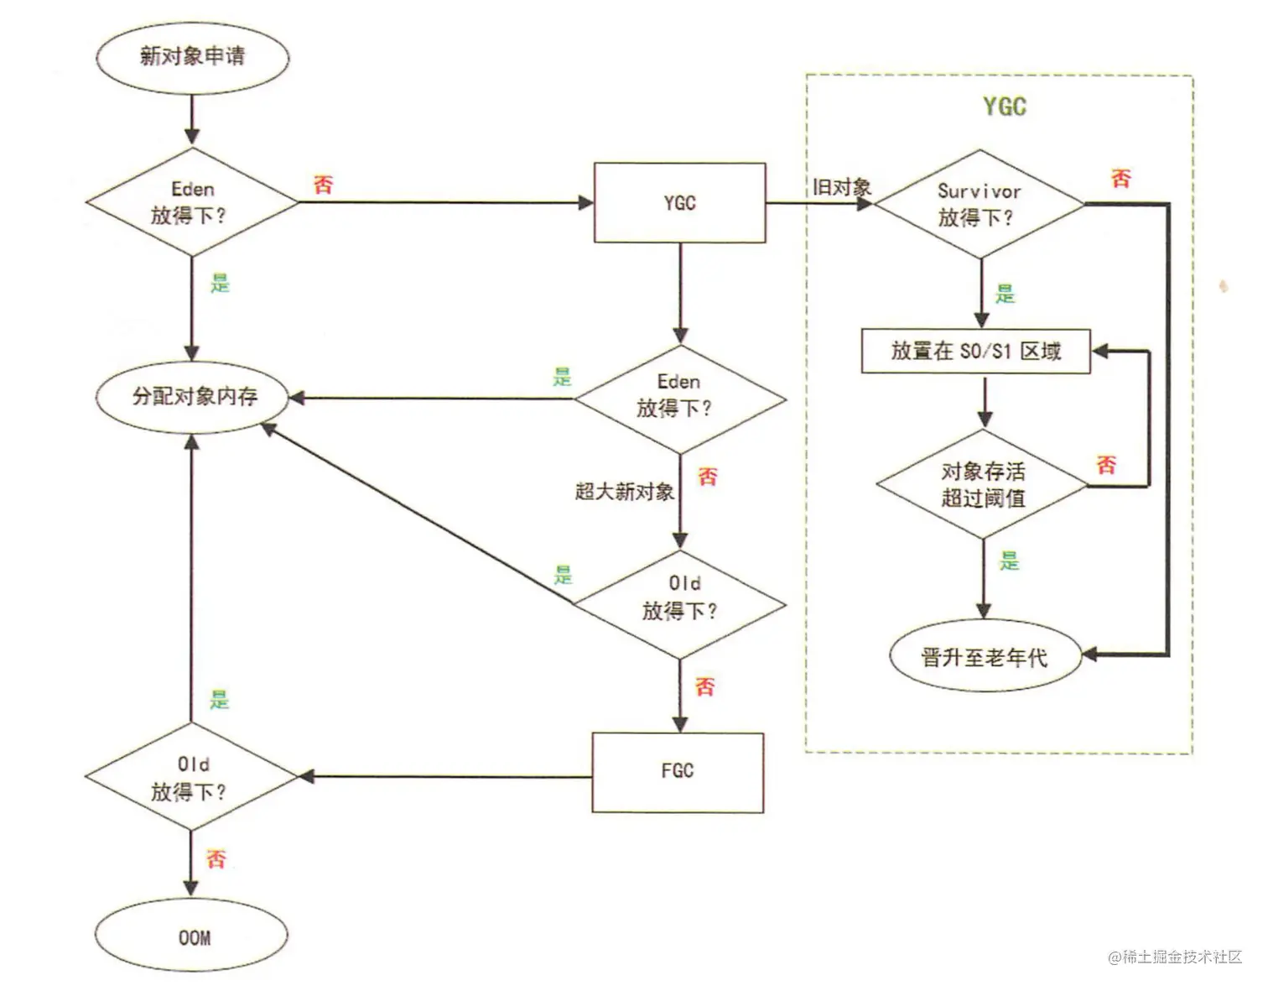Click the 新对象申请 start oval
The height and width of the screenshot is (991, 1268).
point(192,57)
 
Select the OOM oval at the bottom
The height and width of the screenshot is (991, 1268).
point(192,936)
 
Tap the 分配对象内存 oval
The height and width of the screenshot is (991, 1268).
point(193,396)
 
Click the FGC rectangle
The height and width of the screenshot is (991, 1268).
point(678,771)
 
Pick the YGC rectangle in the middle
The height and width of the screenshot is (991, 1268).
point(679,203)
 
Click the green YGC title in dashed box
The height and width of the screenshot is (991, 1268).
point(1004,107)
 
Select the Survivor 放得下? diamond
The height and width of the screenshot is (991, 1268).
point(979,204)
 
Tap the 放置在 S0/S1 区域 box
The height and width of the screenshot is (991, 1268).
point(976,351)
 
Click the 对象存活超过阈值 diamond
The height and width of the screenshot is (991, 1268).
point(983,484)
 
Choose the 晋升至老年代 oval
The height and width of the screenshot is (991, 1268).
point(984,657)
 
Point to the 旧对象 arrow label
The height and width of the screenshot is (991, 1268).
point(841,187)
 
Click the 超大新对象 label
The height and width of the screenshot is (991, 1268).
point(624,491)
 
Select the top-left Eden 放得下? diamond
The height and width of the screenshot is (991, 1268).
point(192,202)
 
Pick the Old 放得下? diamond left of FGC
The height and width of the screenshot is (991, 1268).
point(192,778)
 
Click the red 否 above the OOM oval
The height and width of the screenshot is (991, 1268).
point(216,858)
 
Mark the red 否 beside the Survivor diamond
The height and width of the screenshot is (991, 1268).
point(1120,178)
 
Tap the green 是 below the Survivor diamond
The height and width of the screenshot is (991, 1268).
point(1005,294)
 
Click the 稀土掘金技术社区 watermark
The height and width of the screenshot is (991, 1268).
point(1174,957)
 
